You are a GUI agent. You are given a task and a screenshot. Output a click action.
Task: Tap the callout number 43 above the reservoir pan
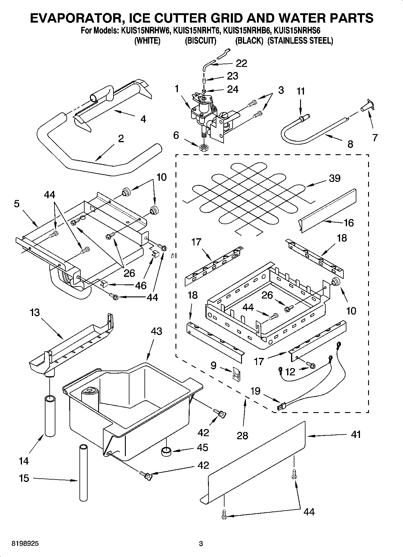pyautogui.click(x=156, y=331)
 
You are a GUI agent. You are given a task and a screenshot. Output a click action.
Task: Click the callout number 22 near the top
pyautogui.click(x=241, y=63)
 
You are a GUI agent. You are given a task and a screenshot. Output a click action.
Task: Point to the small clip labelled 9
pyautogui.click(x=236, y=374)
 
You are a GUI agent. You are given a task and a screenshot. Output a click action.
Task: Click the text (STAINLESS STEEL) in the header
pyautogui.click(x=300, y=41)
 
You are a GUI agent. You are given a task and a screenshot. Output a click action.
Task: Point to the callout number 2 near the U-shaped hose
pyautogui.click(x=121, y=139)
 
